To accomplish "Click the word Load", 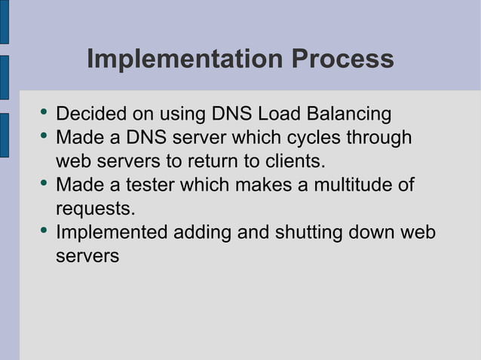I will click(277, 114).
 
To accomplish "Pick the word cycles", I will click(299, 138).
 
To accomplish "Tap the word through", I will click(375, 138).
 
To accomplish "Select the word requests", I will click(95, 208).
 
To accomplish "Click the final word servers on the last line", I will click(87, 255).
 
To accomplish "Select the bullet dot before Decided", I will click(43, 114).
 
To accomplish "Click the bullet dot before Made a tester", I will click(43, 184).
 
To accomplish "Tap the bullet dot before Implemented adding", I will click(43, 230).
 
